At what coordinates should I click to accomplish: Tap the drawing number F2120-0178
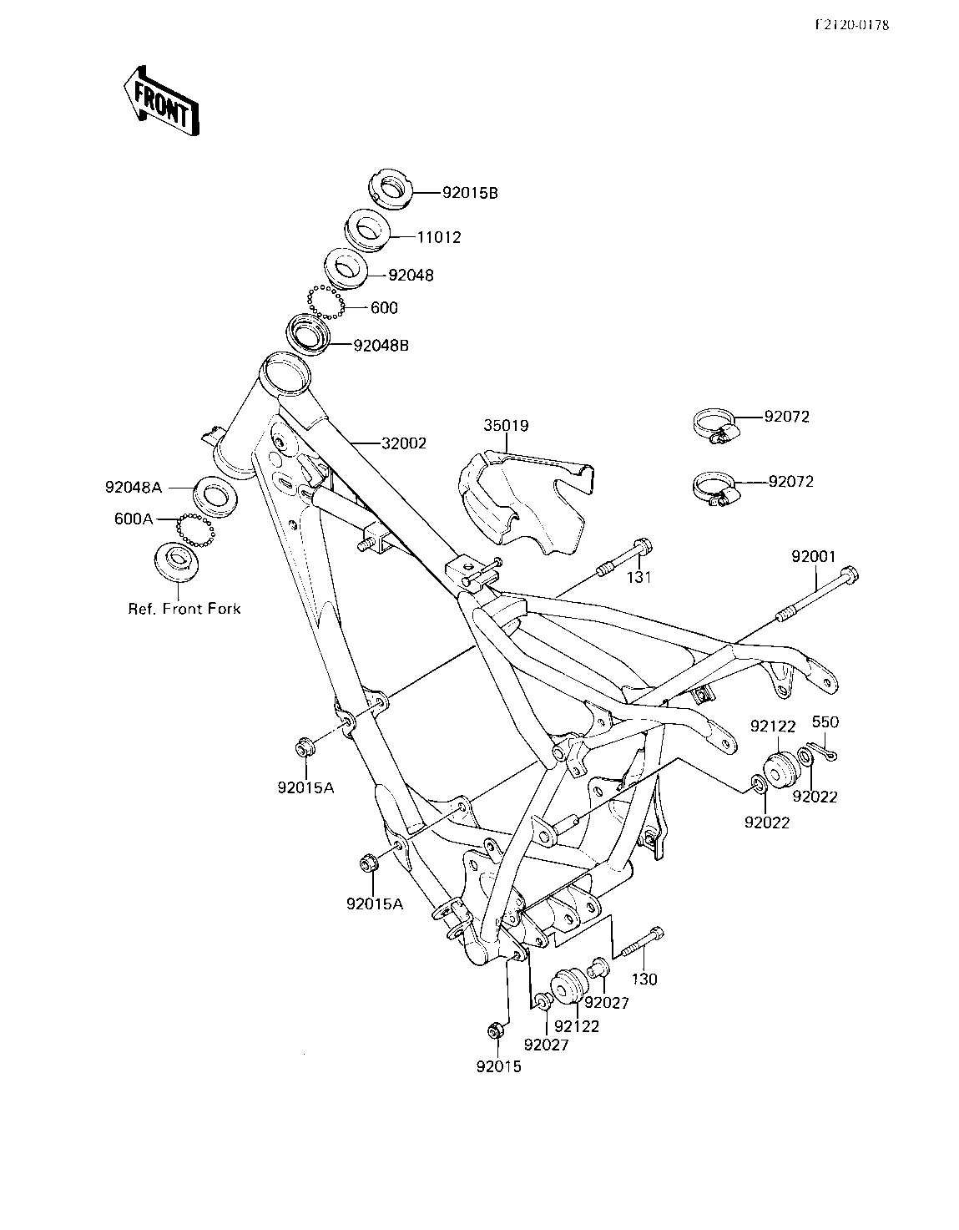[x=852, y=25]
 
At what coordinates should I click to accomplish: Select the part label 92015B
[x=470, y=193]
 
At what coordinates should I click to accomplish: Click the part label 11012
[x=439, y=237]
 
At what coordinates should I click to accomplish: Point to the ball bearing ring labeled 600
[x=326, y=301]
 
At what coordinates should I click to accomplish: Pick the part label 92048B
[x=381, y=345]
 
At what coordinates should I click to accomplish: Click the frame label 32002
[x=404, y=443]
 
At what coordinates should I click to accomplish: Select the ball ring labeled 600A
[x=196, y=529]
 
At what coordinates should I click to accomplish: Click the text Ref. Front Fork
[x=184, y=609]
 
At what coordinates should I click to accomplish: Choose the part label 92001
[x=813, y=557]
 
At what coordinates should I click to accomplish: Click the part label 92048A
[x=134, y=487]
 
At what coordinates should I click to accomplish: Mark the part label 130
[x=644, y=979]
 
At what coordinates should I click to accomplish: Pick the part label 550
[x=825, y=722]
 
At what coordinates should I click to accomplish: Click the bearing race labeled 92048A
[x=215, y=497]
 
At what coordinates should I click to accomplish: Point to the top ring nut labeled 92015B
[x=391, y=189]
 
